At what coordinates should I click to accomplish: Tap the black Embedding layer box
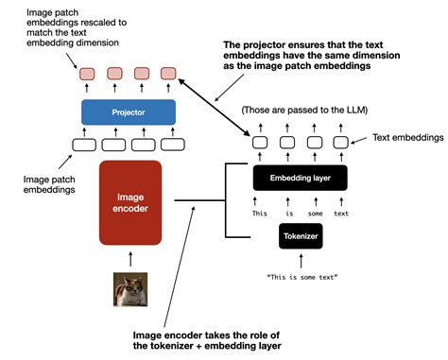(300, 178)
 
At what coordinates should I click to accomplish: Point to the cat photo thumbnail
(130, 289)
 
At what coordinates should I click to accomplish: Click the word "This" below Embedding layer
(258, 212)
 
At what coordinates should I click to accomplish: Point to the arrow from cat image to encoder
(130, 260)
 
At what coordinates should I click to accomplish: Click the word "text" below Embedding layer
(341, 212)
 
